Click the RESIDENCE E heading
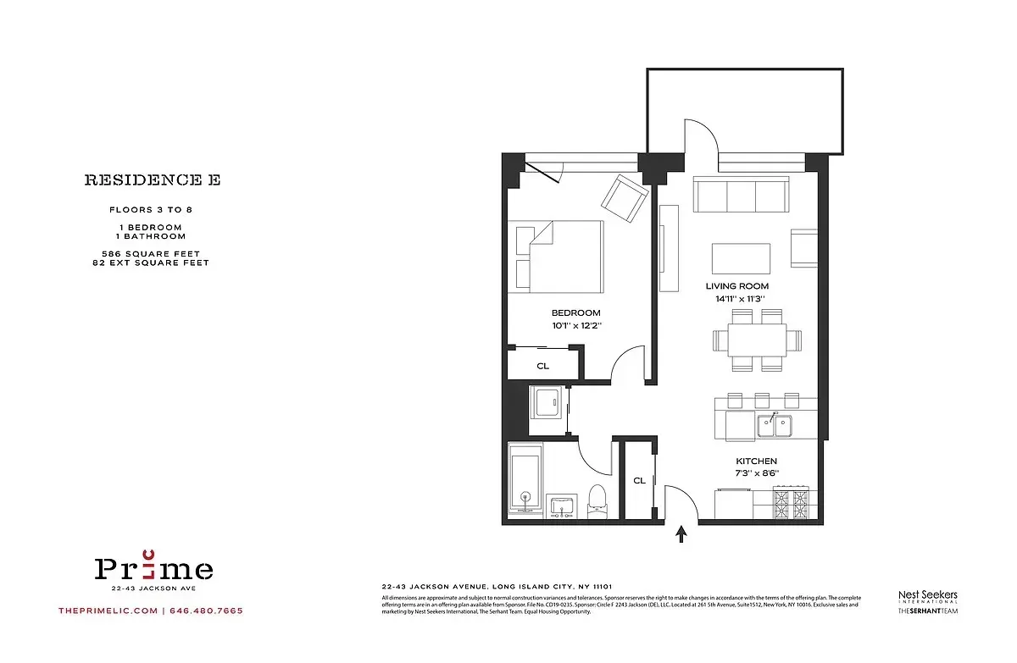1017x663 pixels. tap(152, 180)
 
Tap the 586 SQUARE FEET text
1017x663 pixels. tap(150, 254)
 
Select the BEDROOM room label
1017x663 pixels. tap(575, 313)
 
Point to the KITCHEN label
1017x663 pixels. tap(757, 461)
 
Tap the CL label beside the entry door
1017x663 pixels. tap(639, 481)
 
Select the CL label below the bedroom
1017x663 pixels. tap(542, 367)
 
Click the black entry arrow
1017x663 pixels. tap(682, 533)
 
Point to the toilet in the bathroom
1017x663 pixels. tap(597, 500)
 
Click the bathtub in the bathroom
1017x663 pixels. tap(525, 481)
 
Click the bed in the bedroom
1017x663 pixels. tap(555, 254)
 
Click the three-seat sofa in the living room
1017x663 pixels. tap(741, 195)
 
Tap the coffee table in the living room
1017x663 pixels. tap(741, 257)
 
